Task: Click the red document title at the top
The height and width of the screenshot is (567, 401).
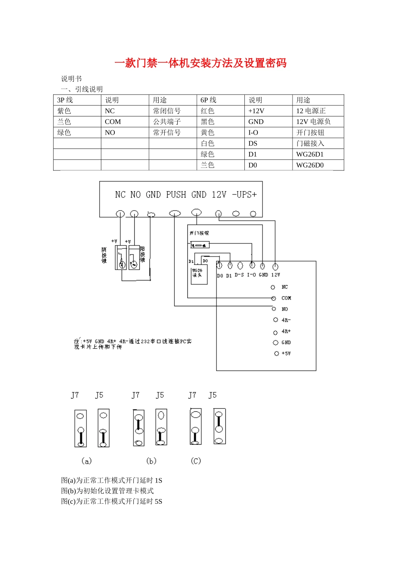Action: (200, 63)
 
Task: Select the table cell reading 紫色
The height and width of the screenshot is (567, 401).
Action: (64, 111)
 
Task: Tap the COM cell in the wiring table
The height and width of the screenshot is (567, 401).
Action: (113, 122)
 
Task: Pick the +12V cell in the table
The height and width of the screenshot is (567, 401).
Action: (256, 111)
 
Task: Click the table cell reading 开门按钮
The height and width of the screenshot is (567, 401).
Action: (310, 132)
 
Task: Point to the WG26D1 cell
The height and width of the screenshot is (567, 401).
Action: (310, 154)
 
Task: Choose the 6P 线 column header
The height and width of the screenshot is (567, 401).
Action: (208, 100)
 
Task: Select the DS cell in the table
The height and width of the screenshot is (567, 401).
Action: (253, 143)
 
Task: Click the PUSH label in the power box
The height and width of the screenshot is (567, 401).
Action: (176, 194)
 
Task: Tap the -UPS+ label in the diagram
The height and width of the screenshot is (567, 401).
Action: (244, 194)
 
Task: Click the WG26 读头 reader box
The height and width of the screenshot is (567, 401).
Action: (199, 274)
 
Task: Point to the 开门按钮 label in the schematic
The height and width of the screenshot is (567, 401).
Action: (199, 233)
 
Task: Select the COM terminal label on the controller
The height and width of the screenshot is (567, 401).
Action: (286, 298)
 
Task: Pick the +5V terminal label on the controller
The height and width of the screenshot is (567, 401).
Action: (286, 354)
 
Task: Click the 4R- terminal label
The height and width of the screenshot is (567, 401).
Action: (286, 320)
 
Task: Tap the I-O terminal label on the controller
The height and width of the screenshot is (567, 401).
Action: (252, 275)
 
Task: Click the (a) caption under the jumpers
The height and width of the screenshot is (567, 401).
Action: (86, 461)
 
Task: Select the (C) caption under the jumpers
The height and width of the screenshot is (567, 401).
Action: (196, 461)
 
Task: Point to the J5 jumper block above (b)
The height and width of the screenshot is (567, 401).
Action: (161, 427)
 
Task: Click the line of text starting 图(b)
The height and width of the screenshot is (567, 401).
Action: (108, 491)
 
